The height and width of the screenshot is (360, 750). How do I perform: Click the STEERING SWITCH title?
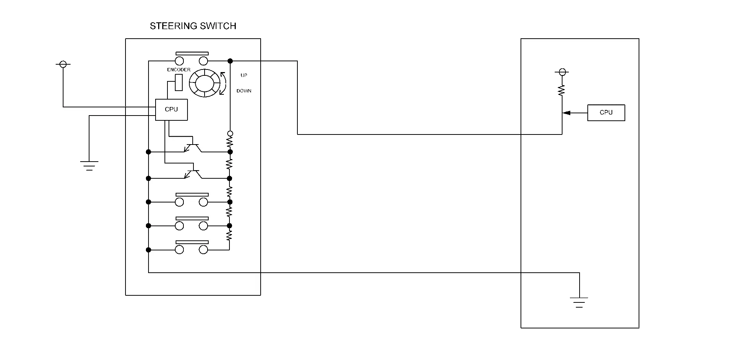193,26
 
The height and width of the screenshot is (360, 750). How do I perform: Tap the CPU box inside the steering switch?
171,110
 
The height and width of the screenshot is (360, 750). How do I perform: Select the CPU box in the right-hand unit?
606,113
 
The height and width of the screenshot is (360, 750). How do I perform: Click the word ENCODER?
179,70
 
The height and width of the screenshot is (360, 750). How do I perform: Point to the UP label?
244,75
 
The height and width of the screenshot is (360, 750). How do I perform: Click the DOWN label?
244,91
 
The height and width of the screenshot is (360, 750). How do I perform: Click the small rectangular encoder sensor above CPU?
179,82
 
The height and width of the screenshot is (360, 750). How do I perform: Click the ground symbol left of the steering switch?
89,165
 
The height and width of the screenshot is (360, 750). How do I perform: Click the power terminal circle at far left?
63,65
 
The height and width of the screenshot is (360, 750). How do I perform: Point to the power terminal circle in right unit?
562,72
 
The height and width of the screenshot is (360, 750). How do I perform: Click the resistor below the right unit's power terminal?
561,90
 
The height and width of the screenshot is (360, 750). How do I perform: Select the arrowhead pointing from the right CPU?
567,113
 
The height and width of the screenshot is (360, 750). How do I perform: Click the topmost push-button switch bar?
192,54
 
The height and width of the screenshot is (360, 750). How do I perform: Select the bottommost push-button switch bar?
192,242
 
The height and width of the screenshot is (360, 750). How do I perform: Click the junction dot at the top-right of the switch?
230,61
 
